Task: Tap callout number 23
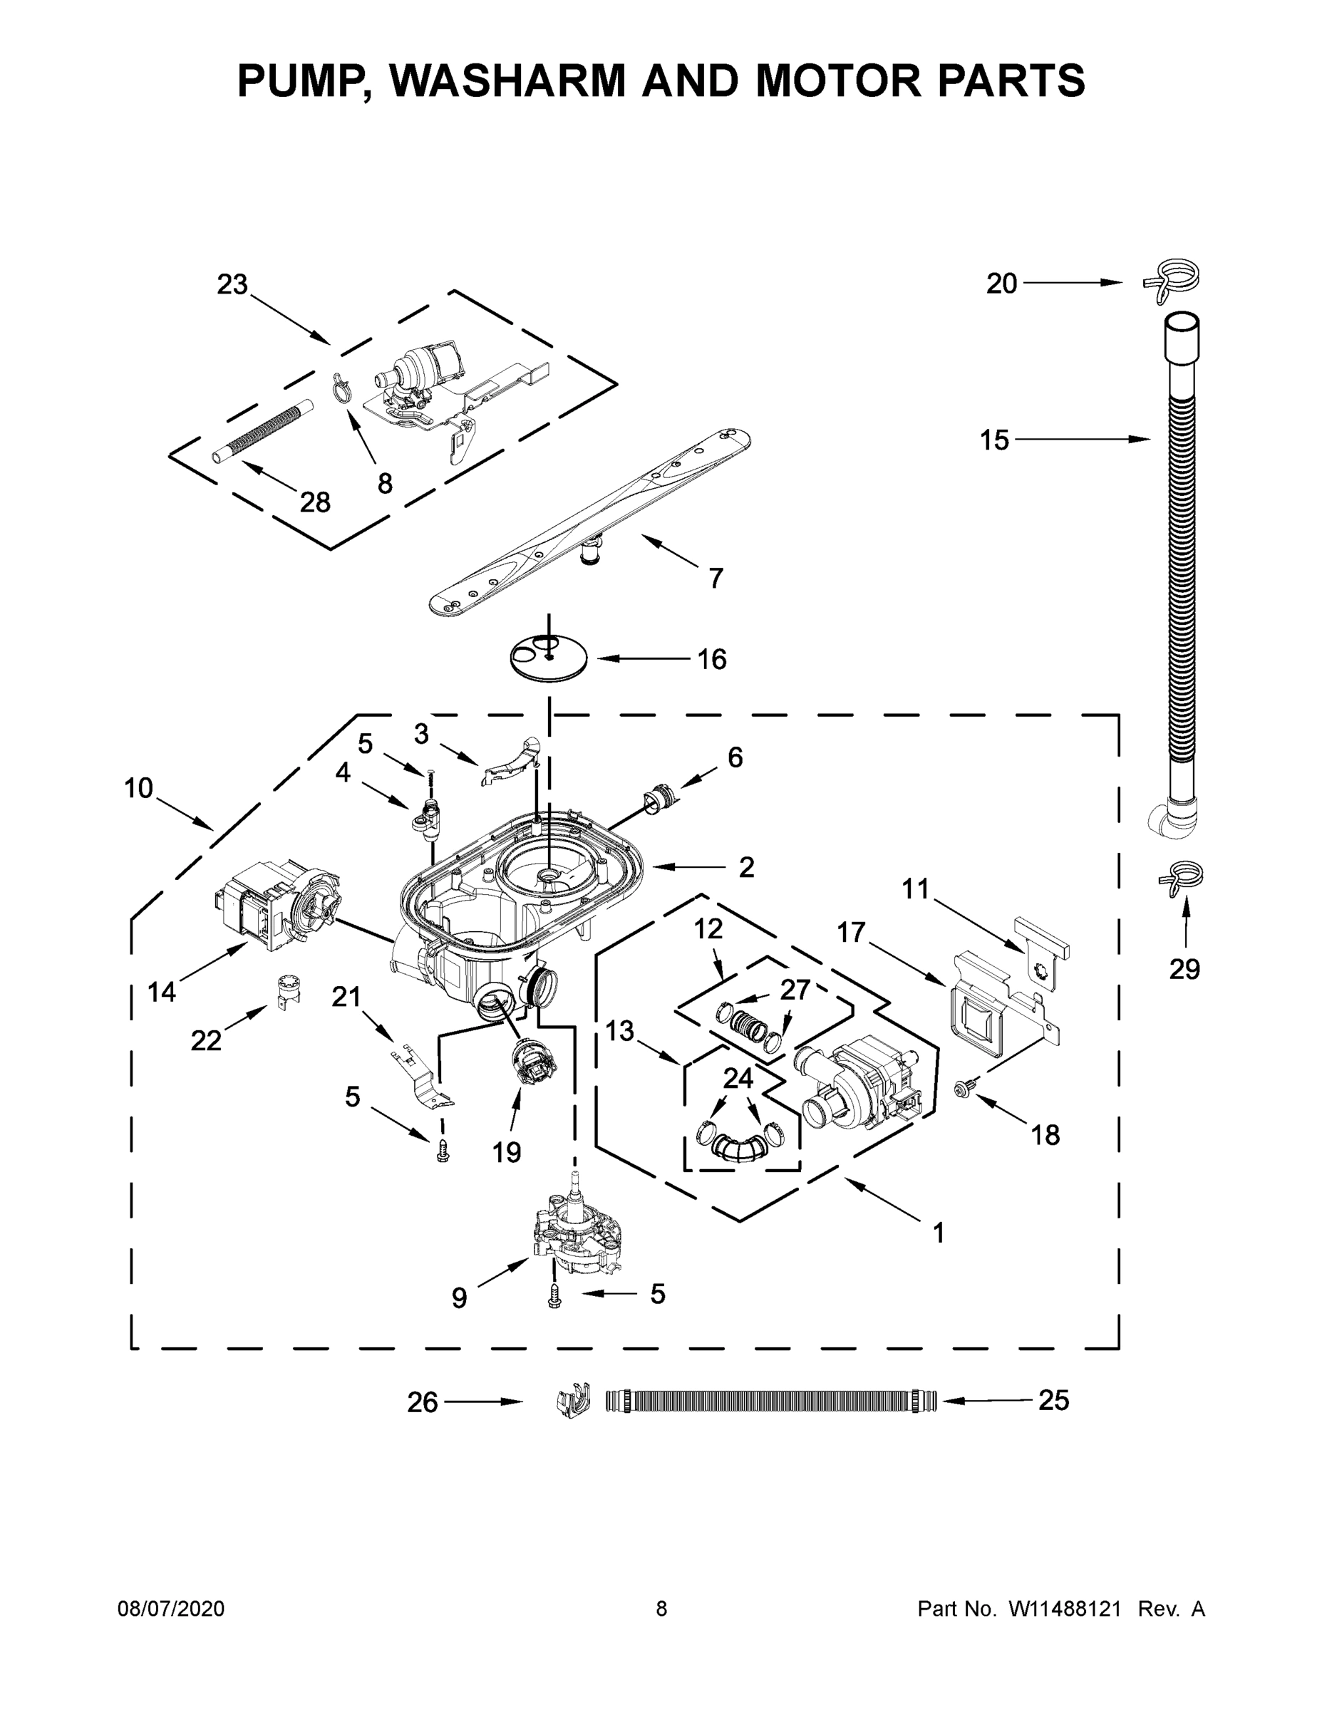click(232, 285)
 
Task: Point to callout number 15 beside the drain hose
click(995, 441)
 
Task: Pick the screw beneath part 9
click(554, 1296)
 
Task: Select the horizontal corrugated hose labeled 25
click(771, 1401)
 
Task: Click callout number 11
click(915, 889)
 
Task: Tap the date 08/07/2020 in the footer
click(171, 1610)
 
